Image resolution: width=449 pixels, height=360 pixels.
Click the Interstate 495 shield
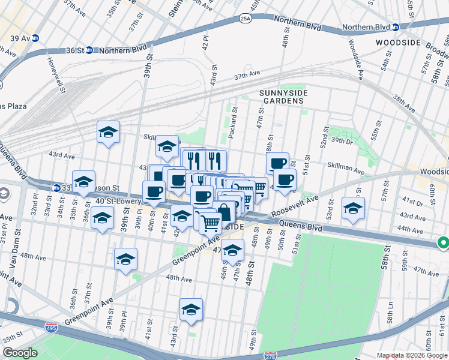click(52, 328)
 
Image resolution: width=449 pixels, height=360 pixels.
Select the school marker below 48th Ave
click(191, 310)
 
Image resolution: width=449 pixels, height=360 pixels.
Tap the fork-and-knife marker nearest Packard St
click(215, 160)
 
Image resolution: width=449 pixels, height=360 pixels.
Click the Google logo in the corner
click(20, 353)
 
